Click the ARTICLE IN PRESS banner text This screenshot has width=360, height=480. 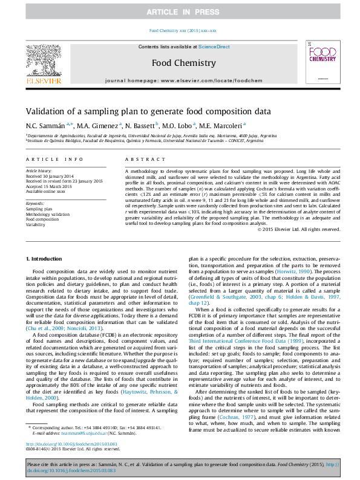tap(180, 12)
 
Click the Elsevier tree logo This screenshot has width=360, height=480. tap(43, 63)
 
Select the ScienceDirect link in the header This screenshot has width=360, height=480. tap(214, 47)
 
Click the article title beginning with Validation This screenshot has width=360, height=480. tap(148, 111)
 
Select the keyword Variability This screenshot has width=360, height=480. tap(37, 224)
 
